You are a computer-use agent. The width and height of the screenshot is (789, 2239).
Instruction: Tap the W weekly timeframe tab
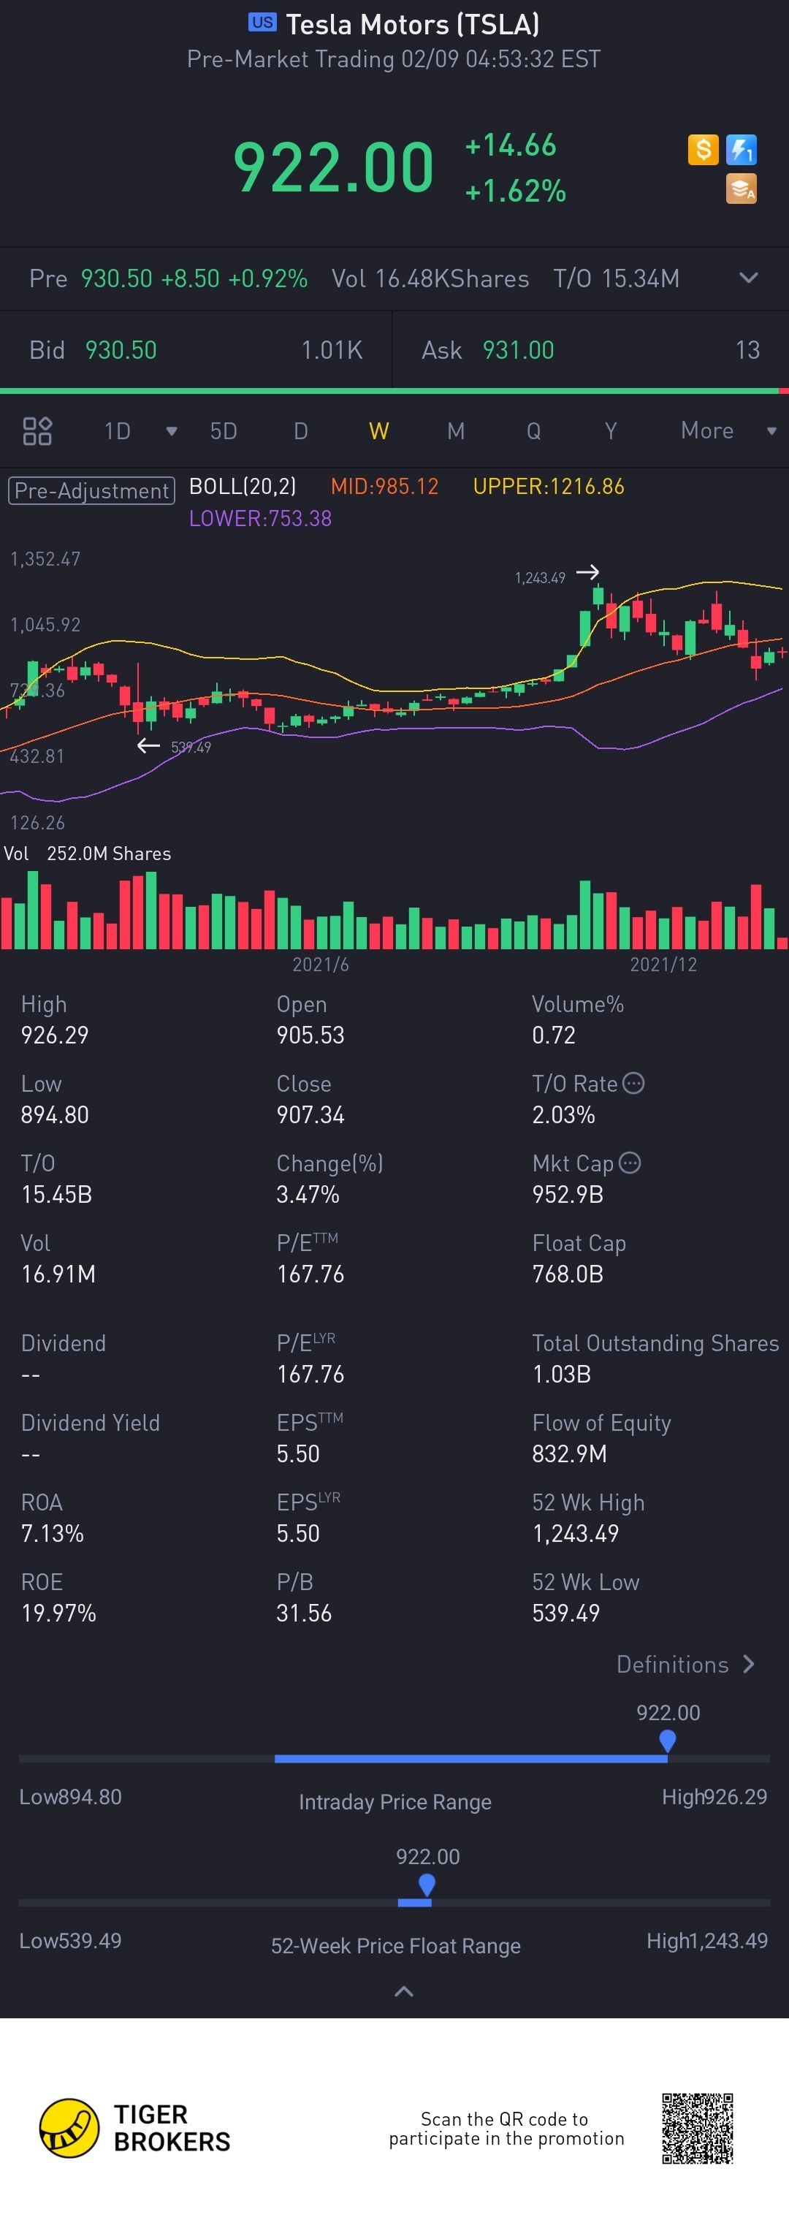point(379,431)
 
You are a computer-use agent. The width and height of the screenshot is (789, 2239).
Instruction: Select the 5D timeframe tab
point(224,431)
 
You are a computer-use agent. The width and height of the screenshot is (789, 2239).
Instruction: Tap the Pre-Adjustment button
point(91,490)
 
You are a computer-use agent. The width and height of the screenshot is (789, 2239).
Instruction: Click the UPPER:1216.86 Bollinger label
point(549,487)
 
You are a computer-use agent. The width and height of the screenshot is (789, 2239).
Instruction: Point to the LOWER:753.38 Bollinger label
point(260,519)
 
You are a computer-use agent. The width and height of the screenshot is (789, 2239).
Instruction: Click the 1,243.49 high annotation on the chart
point(540,578)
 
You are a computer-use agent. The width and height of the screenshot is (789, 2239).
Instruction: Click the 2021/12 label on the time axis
point(663,965)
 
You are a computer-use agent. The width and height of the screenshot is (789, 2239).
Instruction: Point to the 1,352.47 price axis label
point(45,559)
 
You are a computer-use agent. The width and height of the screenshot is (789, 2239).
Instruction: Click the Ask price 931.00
point(518,350)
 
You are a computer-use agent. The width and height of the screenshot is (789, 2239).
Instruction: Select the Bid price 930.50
point(121,350)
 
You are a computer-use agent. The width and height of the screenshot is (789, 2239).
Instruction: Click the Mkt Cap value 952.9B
point(568,1194)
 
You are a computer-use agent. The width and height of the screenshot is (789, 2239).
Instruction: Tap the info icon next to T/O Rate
point(633,1083)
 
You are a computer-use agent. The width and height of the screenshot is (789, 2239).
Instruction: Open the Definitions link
point(685,1665)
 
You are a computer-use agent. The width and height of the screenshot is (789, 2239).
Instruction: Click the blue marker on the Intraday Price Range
point(667,1740)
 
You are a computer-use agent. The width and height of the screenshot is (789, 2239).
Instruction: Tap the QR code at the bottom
point(697,2129)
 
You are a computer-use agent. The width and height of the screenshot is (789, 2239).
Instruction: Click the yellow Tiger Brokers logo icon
point(69,2128)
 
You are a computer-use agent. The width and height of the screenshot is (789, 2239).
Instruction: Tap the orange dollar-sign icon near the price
point(703,150)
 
